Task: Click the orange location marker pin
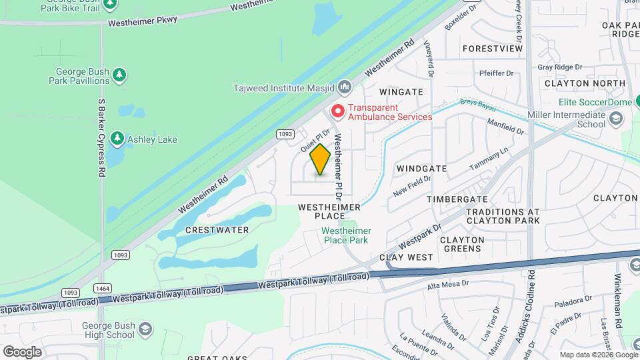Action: point(320,159)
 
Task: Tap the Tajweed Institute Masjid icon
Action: point(345,87)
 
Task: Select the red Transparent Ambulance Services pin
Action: point(338,111)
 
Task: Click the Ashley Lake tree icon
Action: point(117,139)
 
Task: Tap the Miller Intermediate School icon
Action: point(616,119)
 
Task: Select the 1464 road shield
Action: point(103,288)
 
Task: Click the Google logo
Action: point(22,351)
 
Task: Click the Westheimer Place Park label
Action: point(346,235)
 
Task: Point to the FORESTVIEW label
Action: point(492,49)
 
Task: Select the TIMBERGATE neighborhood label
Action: point(457,199)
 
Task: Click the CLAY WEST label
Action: point(406,257)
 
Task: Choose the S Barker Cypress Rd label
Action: point(102,138)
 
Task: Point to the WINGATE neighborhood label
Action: point(401,91)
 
